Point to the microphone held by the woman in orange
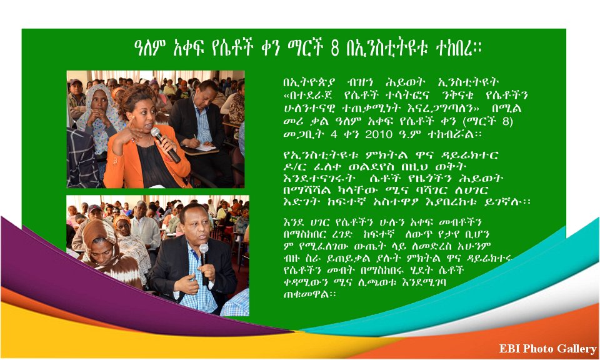pyautogui.click(x=165, y=145)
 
